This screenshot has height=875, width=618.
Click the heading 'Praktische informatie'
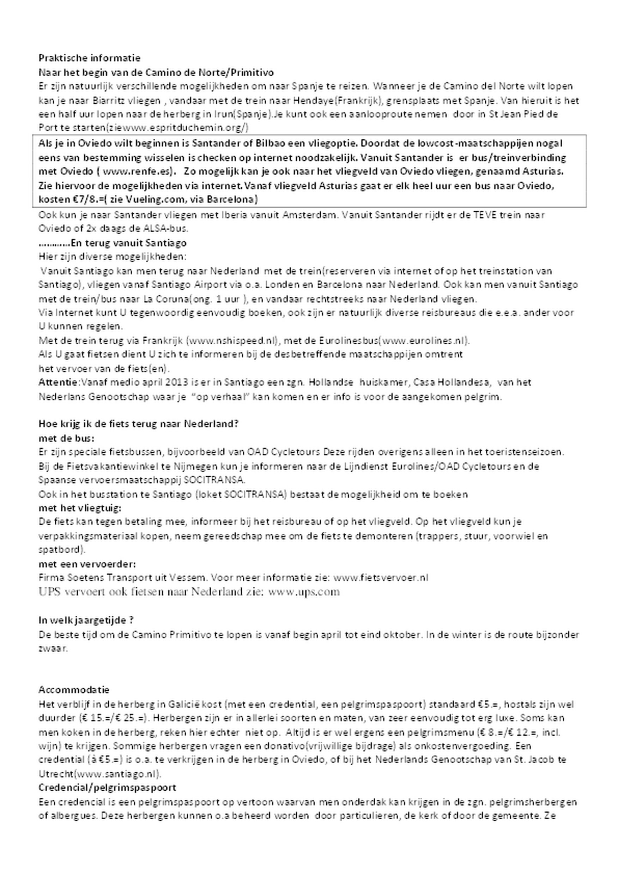point(90,58)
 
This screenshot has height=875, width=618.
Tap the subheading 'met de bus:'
point(66,438)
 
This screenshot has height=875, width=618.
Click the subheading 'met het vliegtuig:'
point(80,508)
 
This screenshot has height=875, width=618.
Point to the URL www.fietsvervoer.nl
point(381,578)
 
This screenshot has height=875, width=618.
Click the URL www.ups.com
point(304,592)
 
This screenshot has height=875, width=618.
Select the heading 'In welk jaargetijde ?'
point(86,620)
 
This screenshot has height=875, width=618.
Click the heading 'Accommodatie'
point(74,690)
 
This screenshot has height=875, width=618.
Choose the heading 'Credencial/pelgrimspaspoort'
point(107,788)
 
